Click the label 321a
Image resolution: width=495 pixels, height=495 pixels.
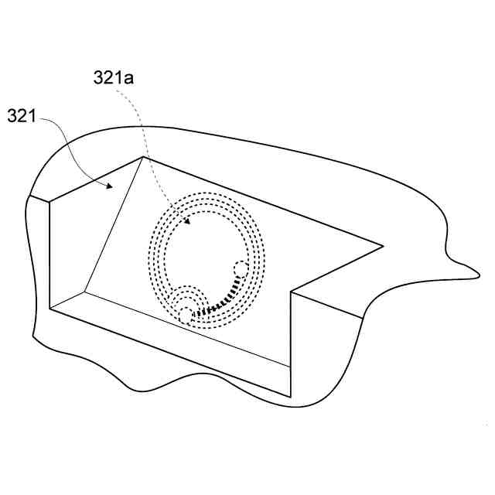tap(114, 77)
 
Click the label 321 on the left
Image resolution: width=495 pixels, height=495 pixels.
tap(22, 115)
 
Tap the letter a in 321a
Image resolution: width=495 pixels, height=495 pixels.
tap(128, 79)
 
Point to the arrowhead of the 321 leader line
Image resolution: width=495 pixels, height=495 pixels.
tap(109, 186)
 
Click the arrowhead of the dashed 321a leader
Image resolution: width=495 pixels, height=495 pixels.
tap(187, 220)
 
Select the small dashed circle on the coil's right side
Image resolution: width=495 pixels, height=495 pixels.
tap(241, 269)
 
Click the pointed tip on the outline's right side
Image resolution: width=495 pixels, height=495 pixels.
tap(480, 276)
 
